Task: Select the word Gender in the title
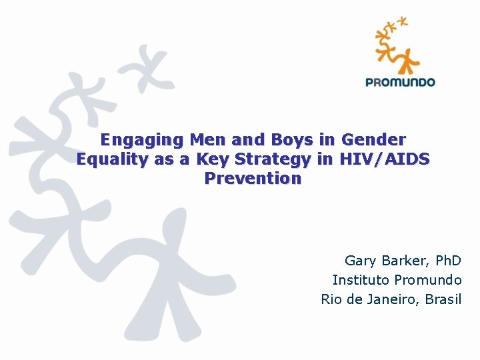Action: click(373, 140)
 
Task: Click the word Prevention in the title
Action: click(253, 179)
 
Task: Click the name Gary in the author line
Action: click(360, 261)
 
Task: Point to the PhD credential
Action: click(447, 261)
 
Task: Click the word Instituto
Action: click(361, 280)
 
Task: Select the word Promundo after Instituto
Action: click(428, 280)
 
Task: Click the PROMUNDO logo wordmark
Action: click(400, 83)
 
